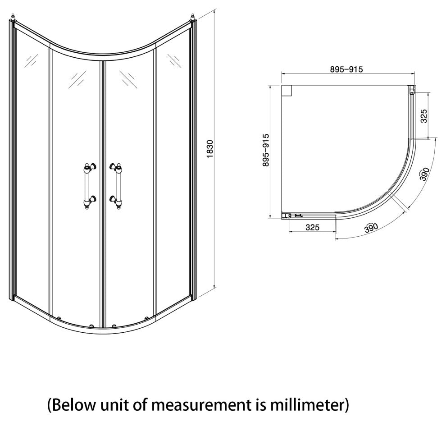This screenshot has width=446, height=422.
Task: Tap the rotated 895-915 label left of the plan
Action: coord(266,150)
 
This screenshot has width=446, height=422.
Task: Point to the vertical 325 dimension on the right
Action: coord(423,115)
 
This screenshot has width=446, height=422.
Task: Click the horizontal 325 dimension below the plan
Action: coord(312,228)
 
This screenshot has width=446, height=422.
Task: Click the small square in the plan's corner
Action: coord(287,90)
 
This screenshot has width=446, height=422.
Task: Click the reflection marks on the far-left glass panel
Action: coord(31,60)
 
